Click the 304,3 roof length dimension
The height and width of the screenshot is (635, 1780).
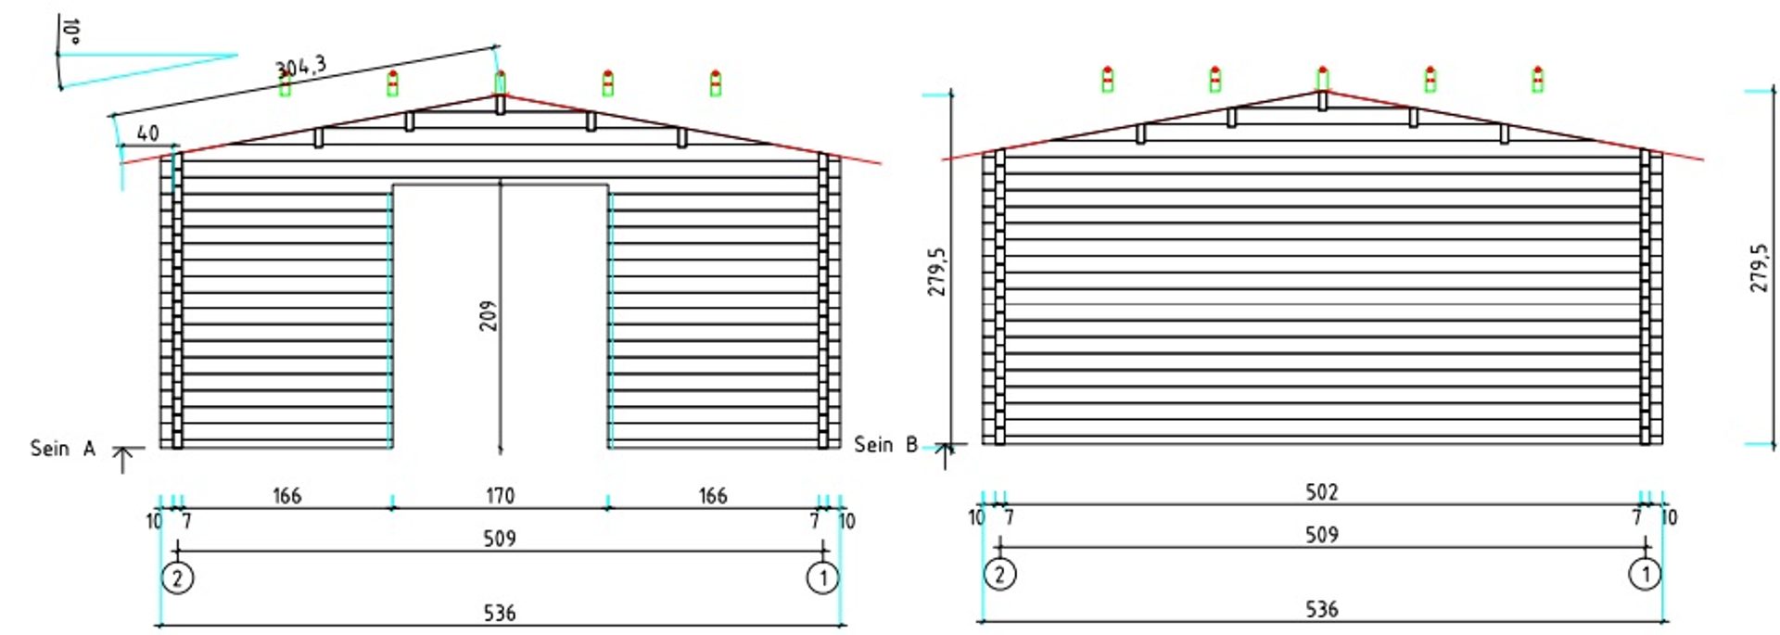tap(300, 67)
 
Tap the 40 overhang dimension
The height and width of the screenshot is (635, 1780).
tap(147, 133)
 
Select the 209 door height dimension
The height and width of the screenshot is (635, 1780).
tap(489, 316)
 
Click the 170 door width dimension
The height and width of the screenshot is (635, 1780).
tap(500, 496)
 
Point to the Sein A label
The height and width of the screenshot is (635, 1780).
tap(62, 449)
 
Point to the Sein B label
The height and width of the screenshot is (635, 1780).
tap(885, 445)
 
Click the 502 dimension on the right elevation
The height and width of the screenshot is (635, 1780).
tap(1321, 492)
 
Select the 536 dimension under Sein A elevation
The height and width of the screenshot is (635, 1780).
tap(500, 613)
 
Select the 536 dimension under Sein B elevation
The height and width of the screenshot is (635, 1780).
tap(1321, 609)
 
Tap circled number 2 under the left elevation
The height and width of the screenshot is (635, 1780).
tap(177, 578)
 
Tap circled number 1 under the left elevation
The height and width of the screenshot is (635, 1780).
tap(822, 578)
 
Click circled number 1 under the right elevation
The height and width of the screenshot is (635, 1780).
tap(1646, 574)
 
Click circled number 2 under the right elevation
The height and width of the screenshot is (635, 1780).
tap(999, 574)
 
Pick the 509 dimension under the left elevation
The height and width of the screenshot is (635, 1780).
tap(500, 539)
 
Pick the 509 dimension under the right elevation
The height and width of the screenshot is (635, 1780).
tap(1321, 535)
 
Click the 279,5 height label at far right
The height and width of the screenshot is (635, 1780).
tap(1759, 269)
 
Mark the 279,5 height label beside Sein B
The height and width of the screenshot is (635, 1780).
tap(938, 272)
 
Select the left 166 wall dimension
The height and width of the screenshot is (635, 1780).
tap(286, 496)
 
